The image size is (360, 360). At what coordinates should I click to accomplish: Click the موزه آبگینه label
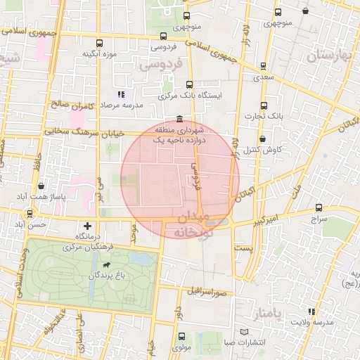98,54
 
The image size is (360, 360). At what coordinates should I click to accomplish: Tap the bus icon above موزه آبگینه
99,42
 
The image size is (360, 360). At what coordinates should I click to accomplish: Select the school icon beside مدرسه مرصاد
121,93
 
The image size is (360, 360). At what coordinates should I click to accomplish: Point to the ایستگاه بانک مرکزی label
190,95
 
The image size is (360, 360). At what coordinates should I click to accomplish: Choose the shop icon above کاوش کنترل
263,139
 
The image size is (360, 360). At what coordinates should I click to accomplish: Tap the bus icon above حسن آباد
30,213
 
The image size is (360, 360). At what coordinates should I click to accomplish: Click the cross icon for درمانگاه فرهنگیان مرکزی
87,226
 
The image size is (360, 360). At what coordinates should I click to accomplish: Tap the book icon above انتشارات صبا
244,331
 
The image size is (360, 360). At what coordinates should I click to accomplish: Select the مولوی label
181,347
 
